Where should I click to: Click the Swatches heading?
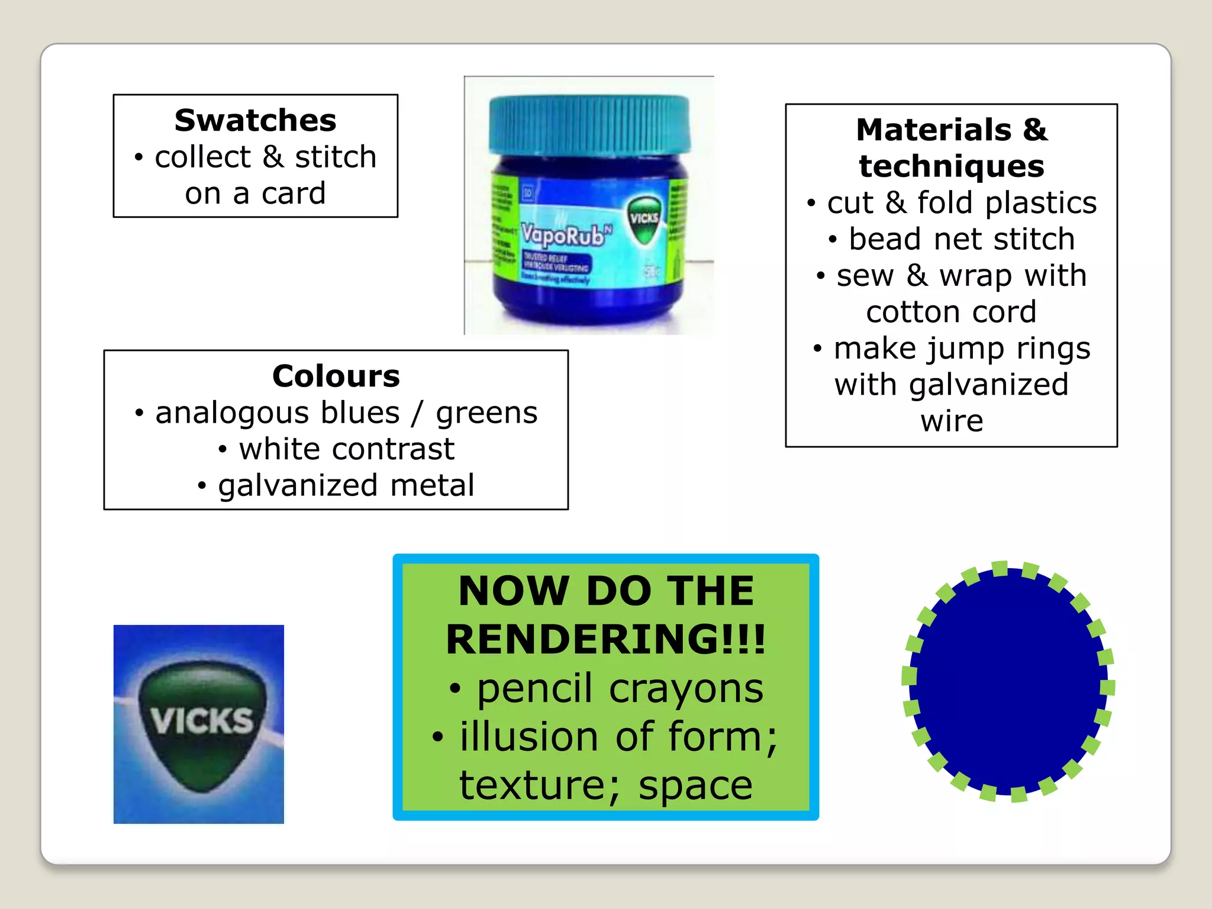[x=255, y=121]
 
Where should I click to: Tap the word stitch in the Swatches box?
[x=336, y=157]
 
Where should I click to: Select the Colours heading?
[x=336, y=376]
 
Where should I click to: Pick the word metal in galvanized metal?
[x=432, y=485]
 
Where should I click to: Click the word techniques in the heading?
[x=951, y=166]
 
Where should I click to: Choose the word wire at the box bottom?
[x=951, y=421]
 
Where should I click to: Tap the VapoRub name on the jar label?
[x=562, y=236]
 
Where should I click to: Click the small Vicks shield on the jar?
[x=644, y=220]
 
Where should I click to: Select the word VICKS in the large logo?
[x=201, y=721]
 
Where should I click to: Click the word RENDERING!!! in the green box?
[x=605, y=640]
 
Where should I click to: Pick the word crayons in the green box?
[x=686, y=688]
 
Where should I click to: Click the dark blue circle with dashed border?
[x=1008, y=681]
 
